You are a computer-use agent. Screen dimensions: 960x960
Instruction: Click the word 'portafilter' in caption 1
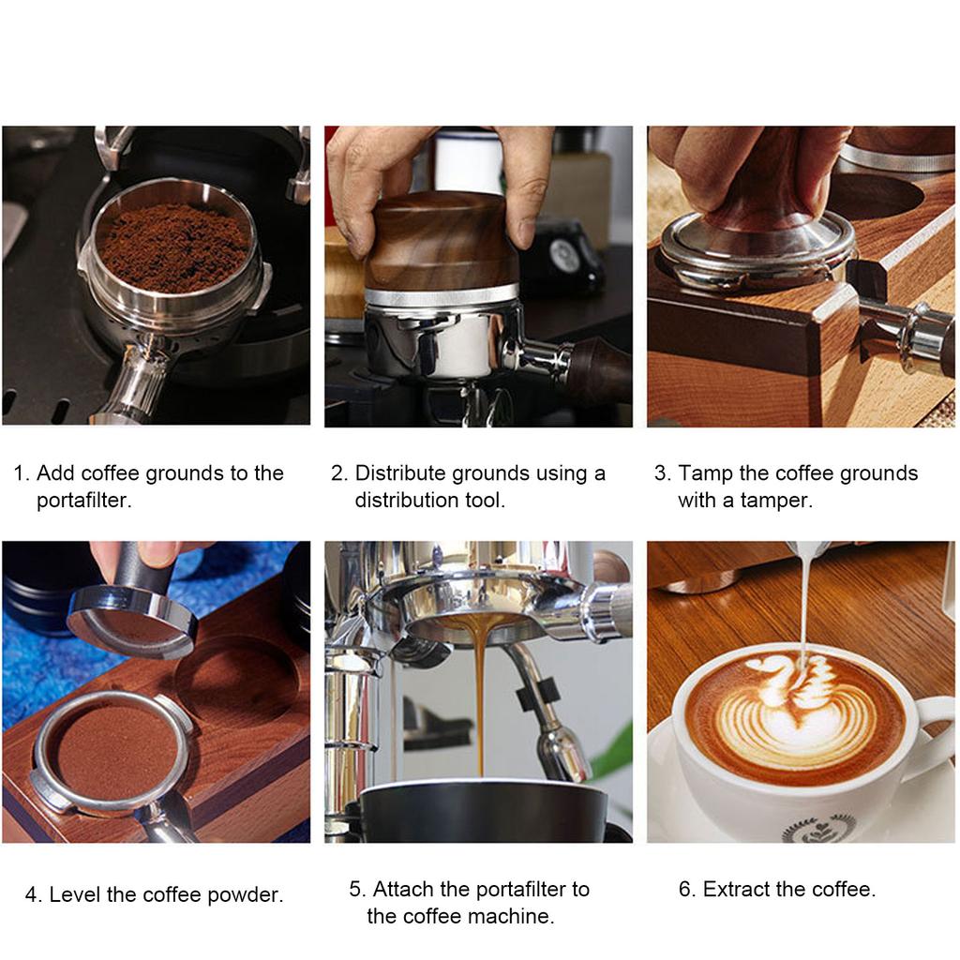tap(83, 501)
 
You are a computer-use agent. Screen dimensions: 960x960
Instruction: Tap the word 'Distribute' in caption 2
tap(400, 473)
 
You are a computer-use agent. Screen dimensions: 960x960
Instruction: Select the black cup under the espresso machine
tap(483, 811)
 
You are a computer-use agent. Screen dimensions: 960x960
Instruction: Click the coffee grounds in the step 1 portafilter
tap(173, 247)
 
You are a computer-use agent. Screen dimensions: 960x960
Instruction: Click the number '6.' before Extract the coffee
tap(687, 890)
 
